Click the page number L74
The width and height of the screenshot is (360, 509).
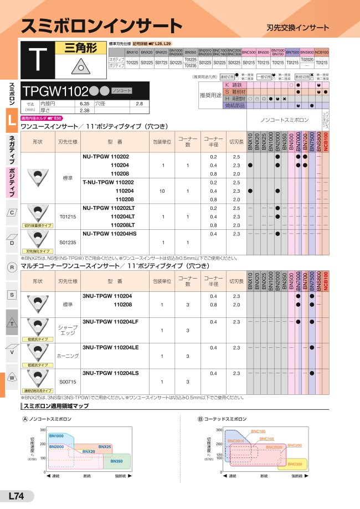click(x=16, y=497)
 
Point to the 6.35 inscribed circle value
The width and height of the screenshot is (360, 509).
click(x=84, y=104)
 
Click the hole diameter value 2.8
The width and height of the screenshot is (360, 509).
click(x=139, y=104)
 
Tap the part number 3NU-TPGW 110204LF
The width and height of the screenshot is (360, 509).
click(x=110, y=321)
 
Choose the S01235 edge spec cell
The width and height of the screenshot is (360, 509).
click(x=68, y=242)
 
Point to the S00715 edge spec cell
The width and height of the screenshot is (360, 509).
click(x=68, y=382)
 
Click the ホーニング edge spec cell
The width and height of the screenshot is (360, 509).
click(x=68, y=356)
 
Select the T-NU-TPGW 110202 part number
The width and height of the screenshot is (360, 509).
click(x=108, y=182)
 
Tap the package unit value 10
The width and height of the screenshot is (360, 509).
click(x=162, y=191)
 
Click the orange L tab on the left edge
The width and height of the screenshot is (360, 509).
click(x=11, y=121)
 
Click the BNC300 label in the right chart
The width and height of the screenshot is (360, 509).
click(x=295, y=464)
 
